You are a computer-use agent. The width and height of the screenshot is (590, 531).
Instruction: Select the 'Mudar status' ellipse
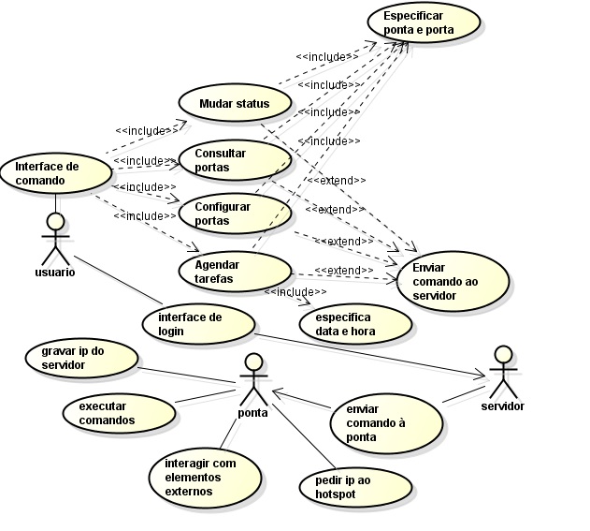click(x=234, y=103)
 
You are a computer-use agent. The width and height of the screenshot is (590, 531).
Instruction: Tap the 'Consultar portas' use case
click(x=234, y=160)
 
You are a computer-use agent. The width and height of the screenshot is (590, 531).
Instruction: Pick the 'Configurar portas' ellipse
click(x=234, y=213)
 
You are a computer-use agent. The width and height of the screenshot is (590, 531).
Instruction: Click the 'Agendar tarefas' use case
click(x=234, y=271)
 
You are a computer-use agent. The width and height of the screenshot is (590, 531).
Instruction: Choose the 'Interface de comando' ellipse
click(x=54, y=172)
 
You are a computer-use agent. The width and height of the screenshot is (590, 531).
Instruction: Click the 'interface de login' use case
click(x=199, y=323)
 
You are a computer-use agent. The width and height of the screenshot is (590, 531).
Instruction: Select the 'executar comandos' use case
click(x=120, y=413)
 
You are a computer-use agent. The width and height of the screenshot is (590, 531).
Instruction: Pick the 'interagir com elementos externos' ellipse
click(x=205, y=477)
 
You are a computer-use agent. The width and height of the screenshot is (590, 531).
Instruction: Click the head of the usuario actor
click(x=55, y=222)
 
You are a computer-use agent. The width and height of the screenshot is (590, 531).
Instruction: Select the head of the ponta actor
click(x=253, y=362)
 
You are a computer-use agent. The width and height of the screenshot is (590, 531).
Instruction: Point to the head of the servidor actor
click(x=503, y=354)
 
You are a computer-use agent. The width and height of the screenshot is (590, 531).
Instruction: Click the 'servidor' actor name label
click(x=502, y=406)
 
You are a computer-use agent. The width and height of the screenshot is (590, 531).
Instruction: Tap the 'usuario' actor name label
click(x=54, y=273)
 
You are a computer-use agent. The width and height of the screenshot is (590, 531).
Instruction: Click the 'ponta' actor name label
click(x=253, y=412)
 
